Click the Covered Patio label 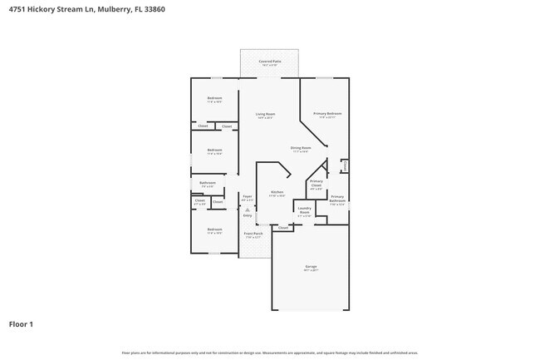click(x=269, y=61)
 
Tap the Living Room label click(x=265, y=114)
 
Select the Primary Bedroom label click(x=327, y=113)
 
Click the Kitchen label click(x=277, y=193)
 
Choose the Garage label click(x=311, y=267)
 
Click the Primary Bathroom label click(x=337, y=199)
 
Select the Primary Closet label click(x=316, y=184)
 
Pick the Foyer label click(x=247, y=197)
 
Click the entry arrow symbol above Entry click(x=247, y=210)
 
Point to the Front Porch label click(x=253, y=234)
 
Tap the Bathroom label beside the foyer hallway click(x=208, y=183)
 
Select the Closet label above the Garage click(x=283, y=227)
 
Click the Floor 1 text click(x=21, y=323)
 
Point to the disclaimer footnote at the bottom click(x=269, y=353)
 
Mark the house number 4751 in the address click(x=15, y=9)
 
